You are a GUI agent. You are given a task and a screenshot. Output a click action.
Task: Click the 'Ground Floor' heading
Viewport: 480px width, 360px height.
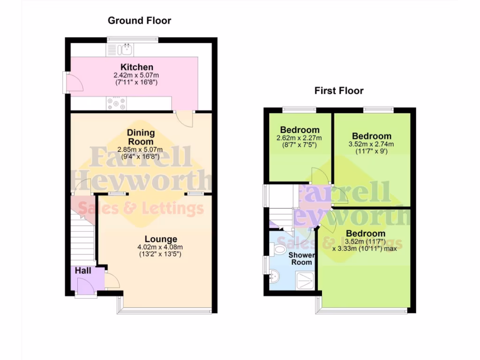click(x=139, y=21)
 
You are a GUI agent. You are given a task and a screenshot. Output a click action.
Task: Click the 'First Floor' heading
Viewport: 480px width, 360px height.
click(x=338, y=91)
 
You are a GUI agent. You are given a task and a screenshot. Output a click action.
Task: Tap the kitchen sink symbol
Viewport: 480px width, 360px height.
click(x=125, y=49)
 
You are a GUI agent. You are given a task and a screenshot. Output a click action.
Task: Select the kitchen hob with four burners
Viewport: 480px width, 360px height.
click(x=116, y=103)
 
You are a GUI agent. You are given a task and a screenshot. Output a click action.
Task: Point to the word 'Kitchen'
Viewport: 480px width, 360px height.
click(x=136, y=67)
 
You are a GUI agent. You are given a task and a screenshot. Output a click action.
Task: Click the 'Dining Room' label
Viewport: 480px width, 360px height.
click(x=141, y=137)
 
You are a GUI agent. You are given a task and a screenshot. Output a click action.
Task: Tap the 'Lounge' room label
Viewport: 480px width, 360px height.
click(x=160, y=239)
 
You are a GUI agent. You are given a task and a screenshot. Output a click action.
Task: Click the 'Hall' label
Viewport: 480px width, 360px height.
click(x=83, y=270)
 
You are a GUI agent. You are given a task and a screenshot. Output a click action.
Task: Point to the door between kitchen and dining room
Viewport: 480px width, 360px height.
click(x=185, y=119)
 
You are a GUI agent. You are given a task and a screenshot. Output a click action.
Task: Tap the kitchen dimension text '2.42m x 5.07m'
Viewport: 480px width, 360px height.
click(x=136, y=75)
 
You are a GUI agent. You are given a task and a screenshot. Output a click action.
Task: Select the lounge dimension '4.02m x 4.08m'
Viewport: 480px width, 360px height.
click(x=160, y=247)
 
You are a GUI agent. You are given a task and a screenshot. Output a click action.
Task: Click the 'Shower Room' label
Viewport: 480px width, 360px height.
click(x=301, y=259)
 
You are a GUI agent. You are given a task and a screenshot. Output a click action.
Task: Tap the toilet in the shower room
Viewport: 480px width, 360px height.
click(x=280, y=250)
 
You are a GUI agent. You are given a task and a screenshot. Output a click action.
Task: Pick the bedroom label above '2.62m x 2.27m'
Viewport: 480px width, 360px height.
click(x=300, y=130)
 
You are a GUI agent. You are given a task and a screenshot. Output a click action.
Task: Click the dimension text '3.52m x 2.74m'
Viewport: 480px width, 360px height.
click(x=372, y=144)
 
